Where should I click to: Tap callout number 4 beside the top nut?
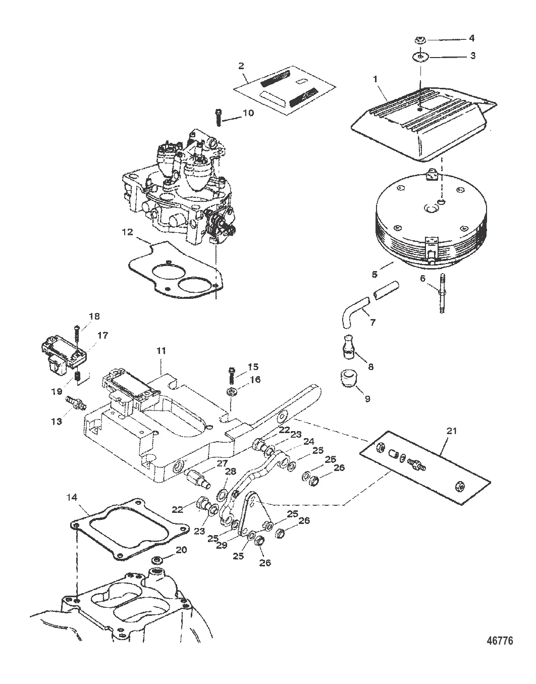pyautogui.click(x=471, y=38)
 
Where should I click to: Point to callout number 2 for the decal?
pyautogui.click(x=241, y=66)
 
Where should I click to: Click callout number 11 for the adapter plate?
pyautogui.click(x=160, y=349)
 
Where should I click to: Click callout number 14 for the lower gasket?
pyautogui.click(x=73, y=497)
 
